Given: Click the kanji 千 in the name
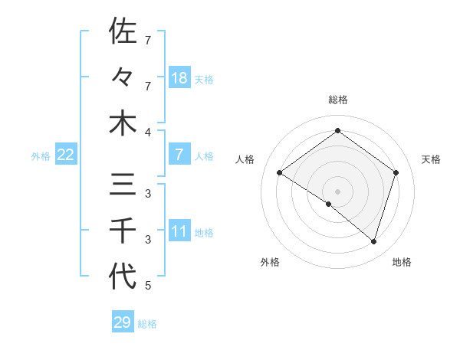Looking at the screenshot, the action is coord(123,231).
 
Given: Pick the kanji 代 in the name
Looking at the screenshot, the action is coord(123,277).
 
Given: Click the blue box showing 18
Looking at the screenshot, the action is coord(179,78).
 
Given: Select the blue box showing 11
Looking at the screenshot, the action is coord(179,232).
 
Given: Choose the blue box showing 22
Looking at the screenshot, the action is coord(66,155).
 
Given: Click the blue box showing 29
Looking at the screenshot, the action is coord(122,322).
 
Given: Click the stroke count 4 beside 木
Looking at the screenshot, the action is coord(147,131).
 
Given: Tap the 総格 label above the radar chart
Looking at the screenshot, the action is coord(337,100).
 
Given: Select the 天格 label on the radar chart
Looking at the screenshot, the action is coord(431,159).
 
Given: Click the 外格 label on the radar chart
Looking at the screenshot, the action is coord(270,262).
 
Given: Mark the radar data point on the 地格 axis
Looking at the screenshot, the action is coord(373,241).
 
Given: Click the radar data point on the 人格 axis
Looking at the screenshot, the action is coord(279,173).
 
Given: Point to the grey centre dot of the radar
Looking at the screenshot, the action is coord(337,191).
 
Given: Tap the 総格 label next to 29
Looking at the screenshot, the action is coord(147,324).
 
